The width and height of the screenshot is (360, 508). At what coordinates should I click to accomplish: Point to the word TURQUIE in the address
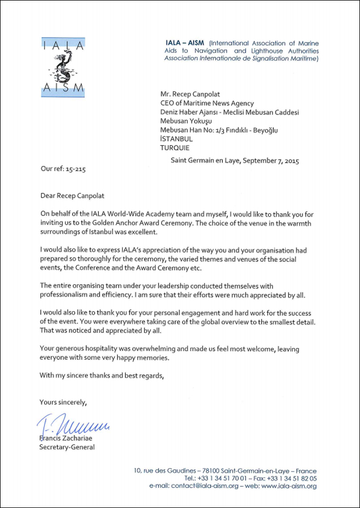(x=176, y=147)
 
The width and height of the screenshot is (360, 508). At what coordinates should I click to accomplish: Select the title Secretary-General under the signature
(x=67, y=447)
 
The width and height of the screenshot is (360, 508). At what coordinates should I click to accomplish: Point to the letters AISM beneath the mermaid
(x=63, y=87)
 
